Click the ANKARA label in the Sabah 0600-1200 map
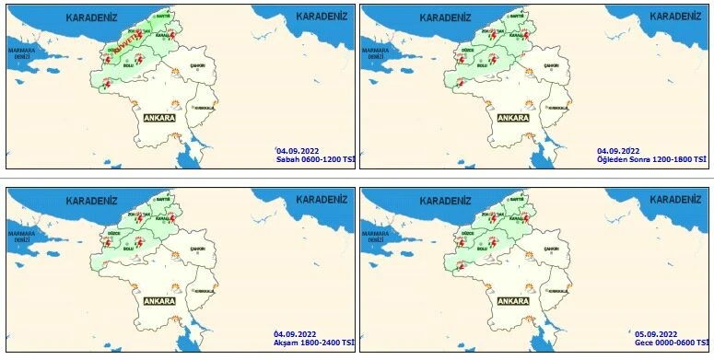click(159, 118)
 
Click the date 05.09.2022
click(655, 332)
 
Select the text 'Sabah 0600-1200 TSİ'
click(315, 158)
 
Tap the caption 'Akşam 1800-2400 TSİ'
click(314, 341)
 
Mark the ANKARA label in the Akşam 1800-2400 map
click(159, 301)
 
